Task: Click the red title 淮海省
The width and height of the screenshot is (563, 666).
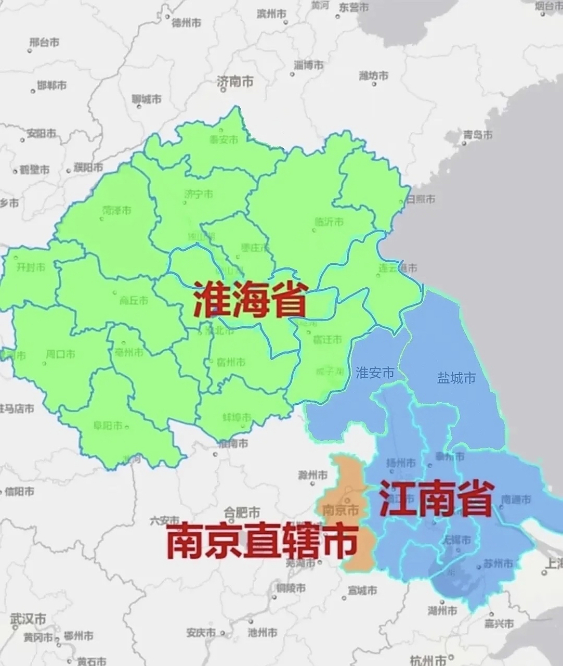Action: tap(250, 300)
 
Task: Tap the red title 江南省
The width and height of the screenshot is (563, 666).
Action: tap(436, 498)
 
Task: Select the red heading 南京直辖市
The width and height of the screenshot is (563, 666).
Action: tap(263, 541)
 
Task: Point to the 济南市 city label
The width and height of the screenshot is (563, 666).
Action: tap(235, 81)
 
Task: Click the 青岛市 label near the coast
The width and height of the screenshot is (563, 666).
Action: tap(478, 135)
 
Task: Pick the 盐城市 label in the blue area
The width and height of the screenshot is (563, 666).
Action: tap(456, 378)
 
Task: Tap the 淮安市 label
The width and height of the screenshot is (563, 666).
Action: tap(375, 373)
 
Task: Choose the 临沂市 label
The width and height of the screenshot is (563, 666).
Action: tap(329, 222)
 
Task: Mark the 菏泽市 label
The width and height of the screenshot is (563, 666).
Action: tap(117, 210)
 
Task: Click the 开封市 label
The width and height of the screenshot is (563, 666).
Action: tap(31, 267)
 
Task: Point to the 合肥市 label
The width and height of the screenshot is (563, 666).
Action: tap(241, 511)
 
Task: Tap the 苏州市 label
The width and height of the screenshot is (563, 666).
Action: tap(498, 563)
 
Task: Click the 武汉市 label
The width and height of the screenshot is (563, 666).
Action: tap(29, 619)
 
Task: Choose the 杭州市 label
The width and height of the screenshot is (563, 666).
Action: tap(427, 660)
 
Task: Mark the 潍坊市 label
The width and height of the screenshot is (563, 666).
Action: tap(374, 76)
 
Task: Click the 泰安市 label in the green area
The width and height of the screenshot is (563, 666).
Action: tap(224, 139)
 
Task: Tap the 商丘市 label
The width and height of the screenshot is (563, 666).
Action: tap(134, 300)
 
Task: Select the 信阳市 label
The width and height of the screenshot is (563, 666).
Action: tap(19, 491)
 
